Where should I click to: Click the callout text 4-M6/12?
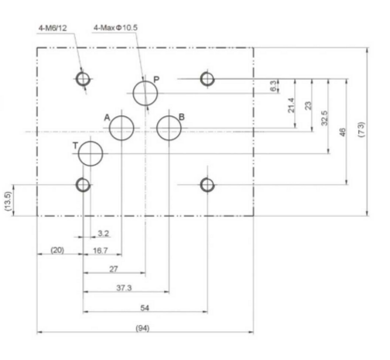point(53,28)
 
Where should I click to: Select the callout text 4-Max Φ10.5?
point(115,28)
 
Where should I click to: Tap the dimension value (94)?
point(142,328)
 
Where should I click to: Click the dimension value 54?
point(145,308)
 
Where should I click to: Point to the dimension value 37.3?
point(124,288)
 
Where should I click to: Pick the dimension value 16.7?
point(100,251)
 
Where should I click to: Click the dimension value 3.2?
point(104,234)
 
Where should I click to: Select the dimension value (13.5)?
point(9,201)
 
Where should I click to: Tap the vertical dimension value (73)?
point(362,130)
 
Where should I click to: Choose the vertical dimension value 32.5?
point(324,118)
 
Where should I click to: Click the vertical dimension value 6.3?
point(273,86)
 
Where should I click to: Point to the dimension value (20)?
point(57,250)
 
